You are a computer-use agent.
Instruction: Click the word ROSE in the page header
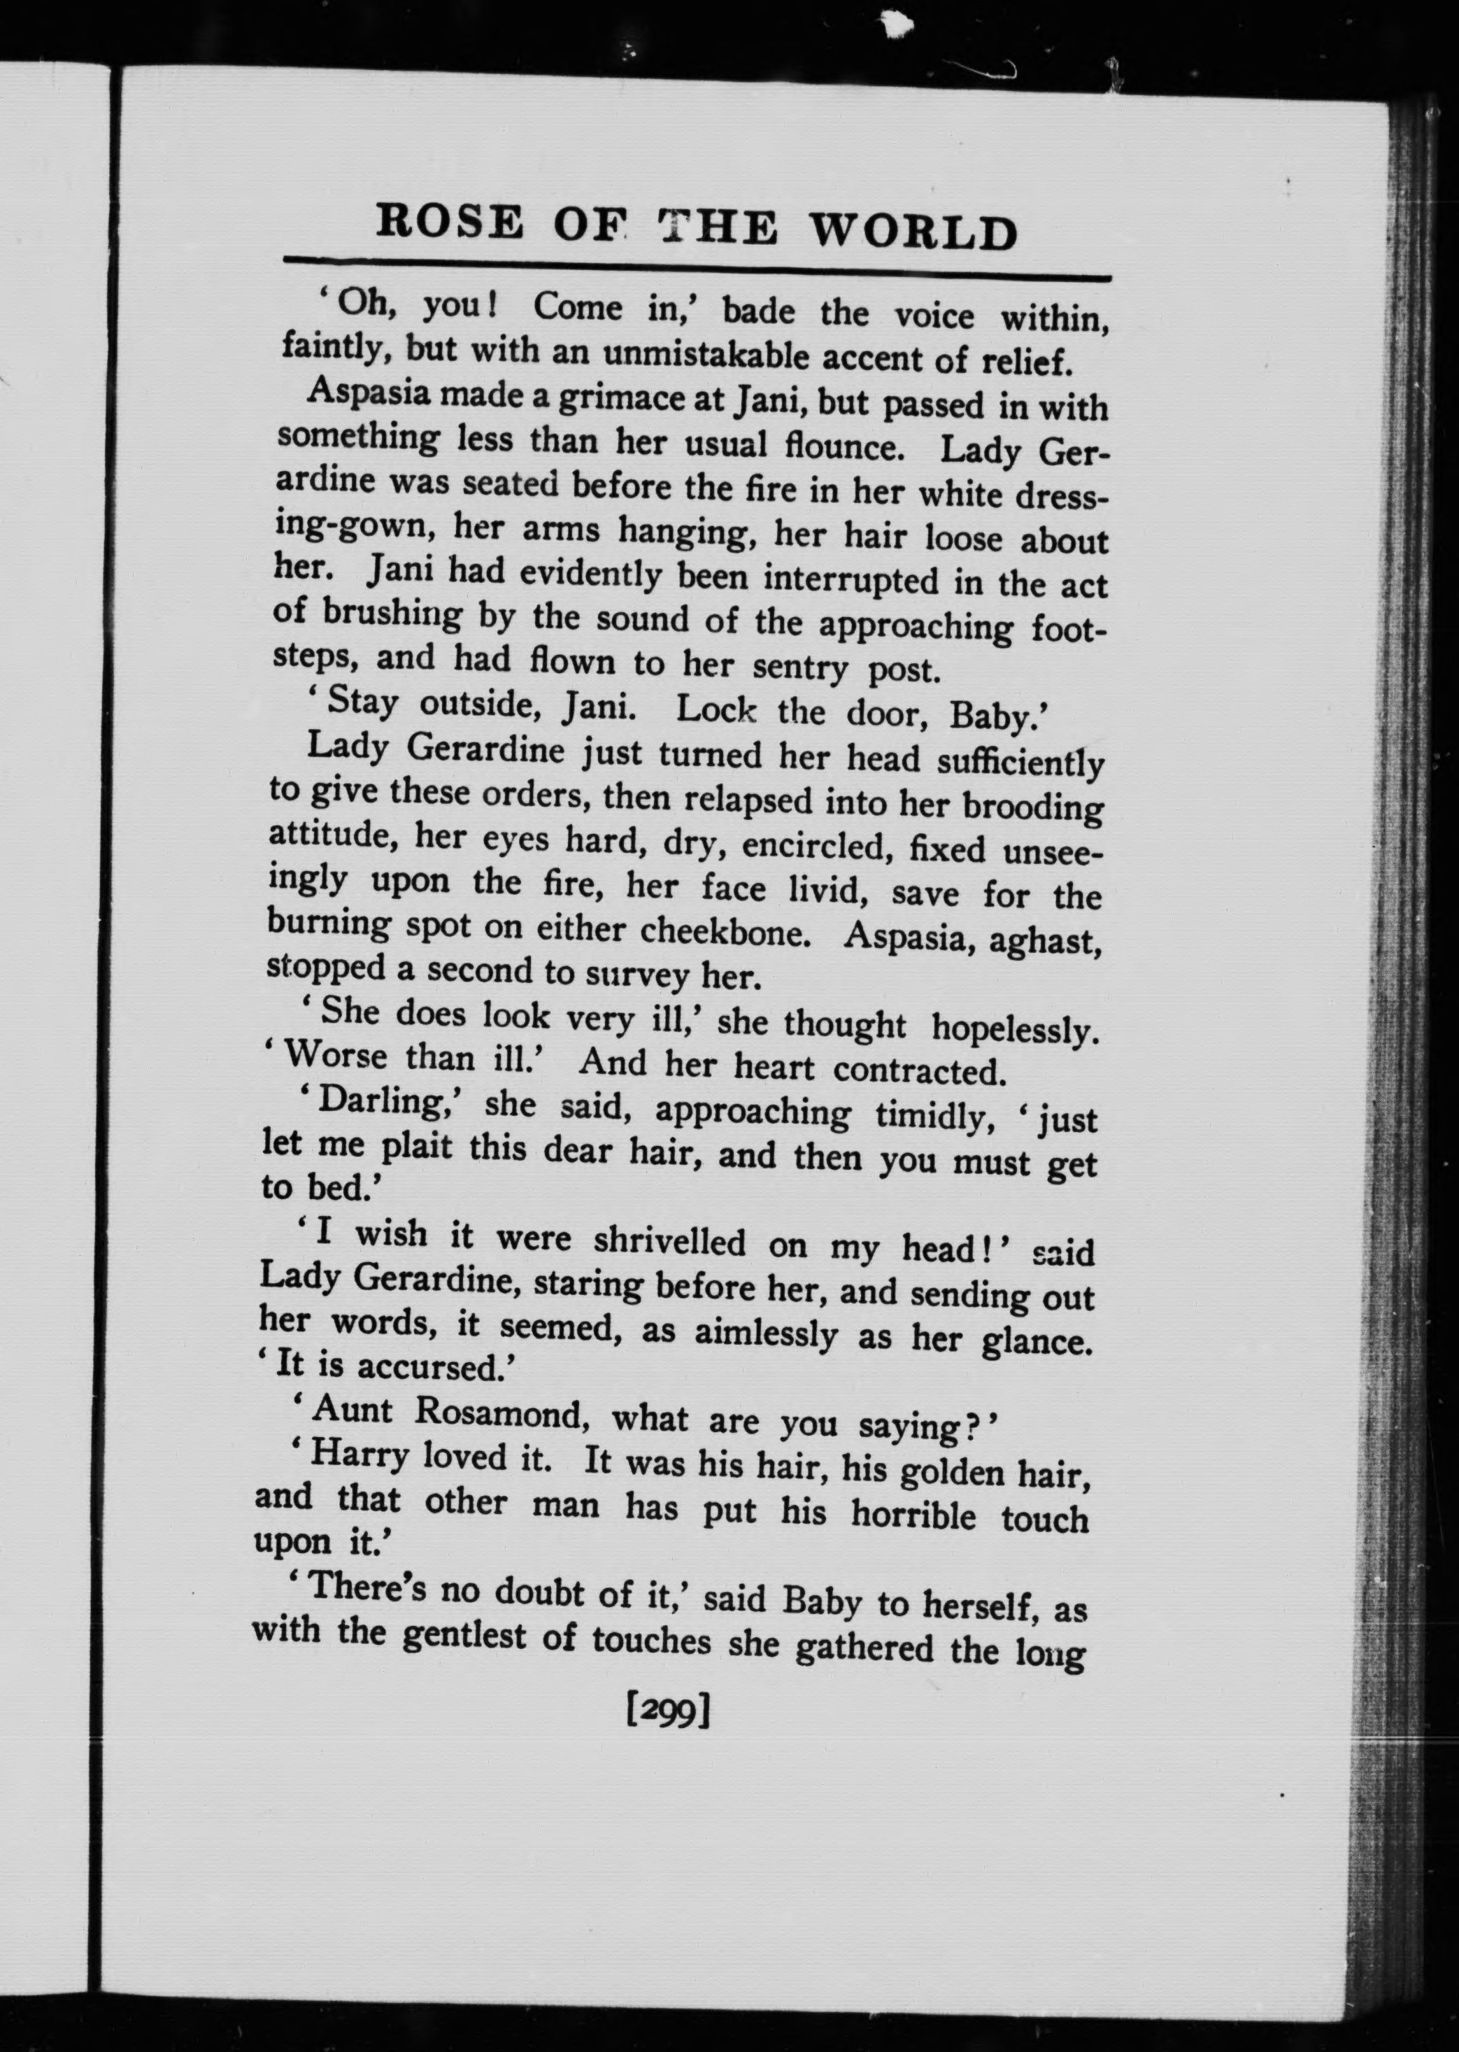[449, 222]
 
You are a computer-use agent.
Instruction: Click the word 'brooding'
[1033, 806]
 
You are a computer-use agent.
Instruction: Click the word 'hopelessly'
[1015, 1028]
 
